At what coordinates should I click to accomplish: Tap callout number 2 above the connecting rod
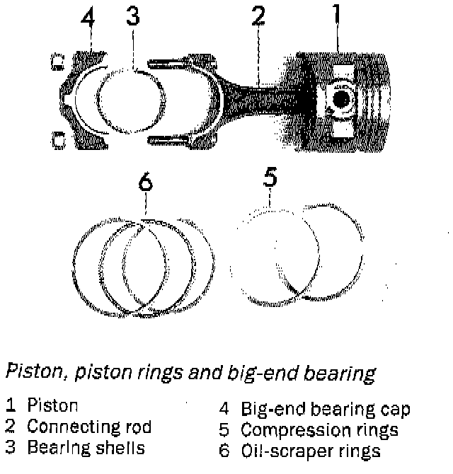258,16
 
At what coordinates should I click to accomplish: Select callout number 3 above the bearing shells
132,16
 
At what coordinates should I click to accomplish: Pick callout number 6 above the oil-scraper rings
145,183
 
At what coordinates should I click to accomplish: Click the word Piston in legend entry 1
52,406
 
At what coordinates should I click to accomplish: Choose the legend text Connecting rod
88,427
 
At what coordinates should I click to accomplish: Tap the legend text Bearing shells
86,448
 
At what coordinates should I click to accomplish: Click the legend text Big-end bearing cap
325,410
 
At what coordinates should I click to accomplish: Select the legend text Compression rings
319,429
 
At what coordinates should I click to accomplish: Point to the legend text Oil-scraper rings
311,451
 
